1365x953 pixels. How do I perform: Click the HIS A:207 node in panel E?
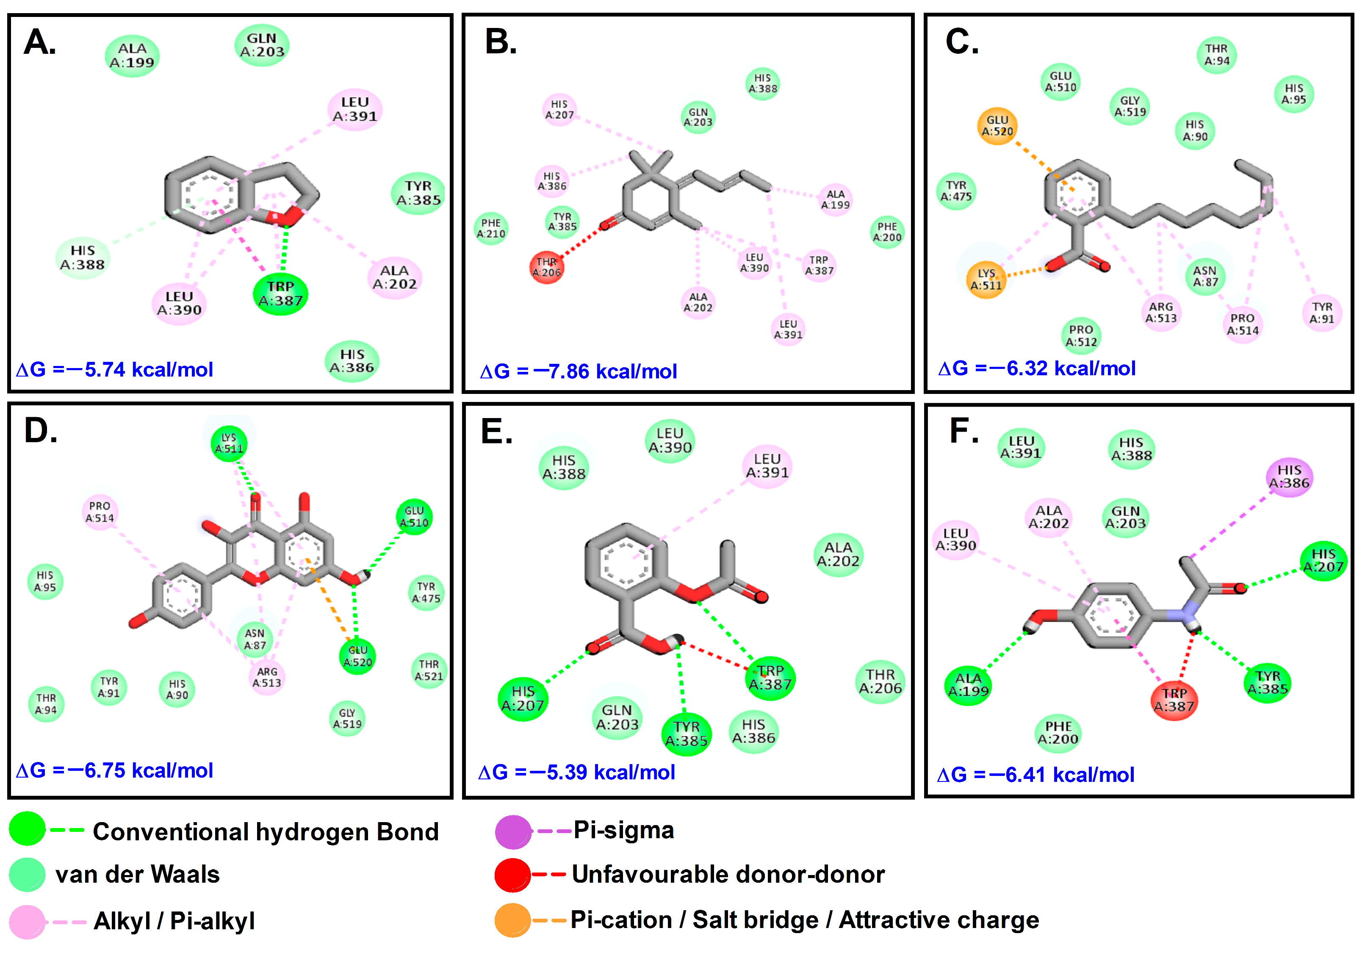523,698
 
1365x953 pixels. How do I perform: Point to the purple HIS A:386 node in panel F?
1289,477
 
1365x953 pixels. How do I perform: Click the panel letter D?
40,430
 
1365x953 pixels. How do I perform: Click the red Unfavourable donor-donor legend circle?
512,875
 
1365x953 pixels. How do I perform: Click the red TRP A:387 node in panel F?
1174,700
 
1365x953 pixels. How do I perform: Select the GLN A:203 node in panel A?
262,45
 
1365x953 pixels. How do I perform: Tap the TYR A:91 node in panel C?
1322,313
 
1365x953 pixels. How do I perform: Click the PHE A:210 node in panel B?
491,228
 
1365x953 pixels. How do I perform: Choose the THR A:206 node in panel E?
880,682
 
